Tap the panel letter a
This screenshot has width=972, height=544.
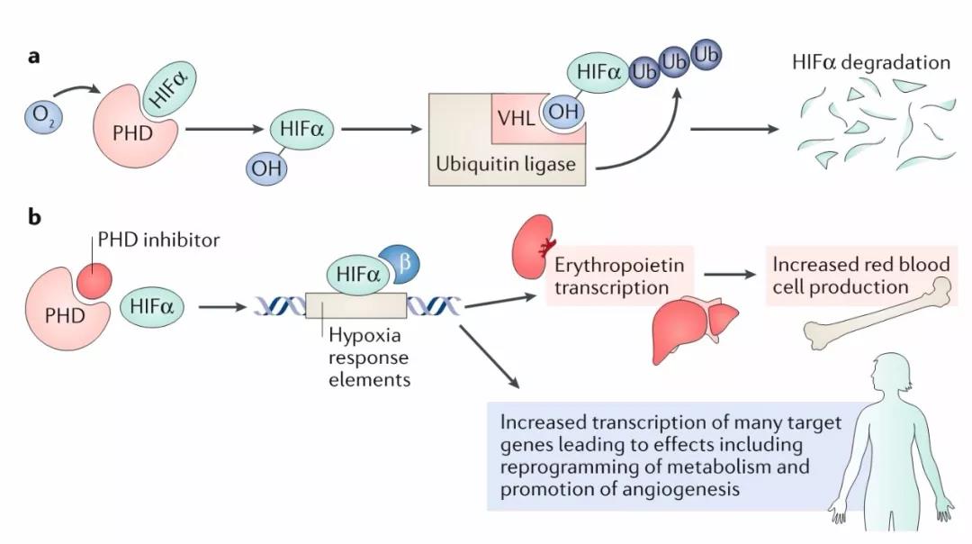pyautogui.click(x=33, y=57)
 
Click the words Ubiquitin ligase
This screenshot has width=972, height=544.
pyautogui.click(x=505, y=165)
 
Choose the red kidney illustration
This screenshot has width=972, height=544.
pyautogui.click(x=529, y=245)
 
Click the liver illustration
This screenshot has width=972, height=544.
pyautogui.click(x=693, y=323)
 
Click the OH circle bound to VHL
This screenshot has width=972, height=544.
pyautogui.click(x=562, y=113)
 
